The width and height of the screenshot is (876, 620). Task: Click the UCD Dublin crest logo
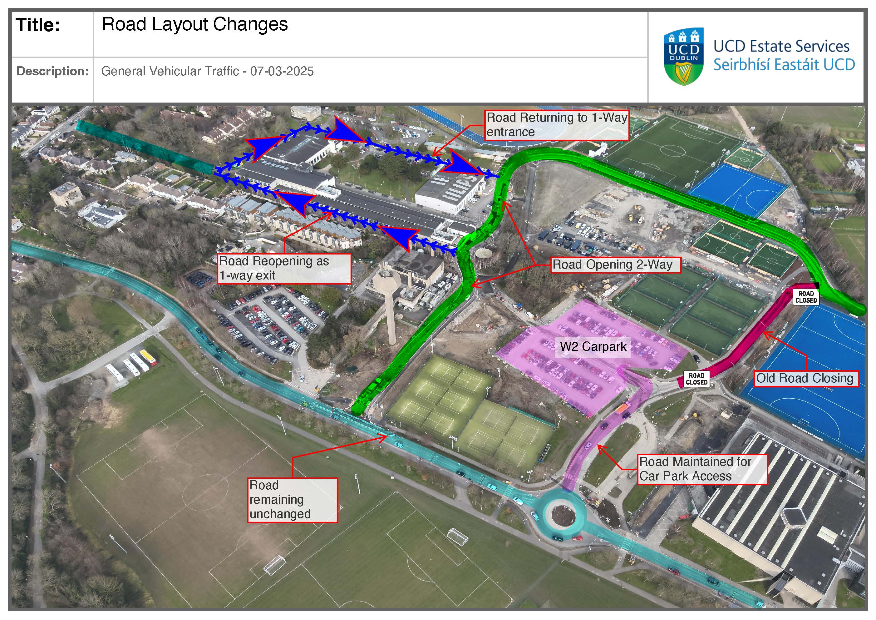[x=683, y=57]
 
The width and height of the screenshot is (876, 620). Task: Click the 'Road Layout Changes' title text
[x=194, y=24]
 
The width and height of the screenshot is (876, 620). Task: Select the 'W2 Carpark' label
[x=593, y=346]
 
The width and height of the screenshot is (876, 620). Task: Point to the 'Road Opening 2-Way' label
[x=615, y=264]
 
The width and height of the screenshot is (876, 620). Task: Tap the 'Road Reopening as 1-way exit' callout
[x=283, y=269]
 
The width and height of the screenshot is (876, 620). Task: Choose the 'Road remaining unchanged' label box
[x=292, y=500]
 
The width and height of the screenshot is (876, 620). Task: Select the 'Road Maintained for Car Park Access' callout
[x=702, y=469]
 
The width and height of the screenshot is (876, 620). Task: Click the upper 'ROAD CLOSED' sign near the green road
[x=806, y=296]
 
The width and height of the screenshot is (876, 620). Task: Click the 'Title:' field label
[x=38, y=25]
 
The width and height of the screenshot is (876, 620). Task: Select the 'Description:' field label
[x=53, y=71]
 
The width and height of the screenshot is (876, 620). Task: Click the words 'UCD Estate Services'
[x=781, y=46]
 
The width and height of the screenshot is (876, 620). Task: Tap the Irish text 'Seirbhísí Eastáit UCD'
[x=784, y=65]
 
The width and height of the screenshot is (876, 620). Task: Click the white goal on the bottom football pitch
[x=274, y=565]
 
